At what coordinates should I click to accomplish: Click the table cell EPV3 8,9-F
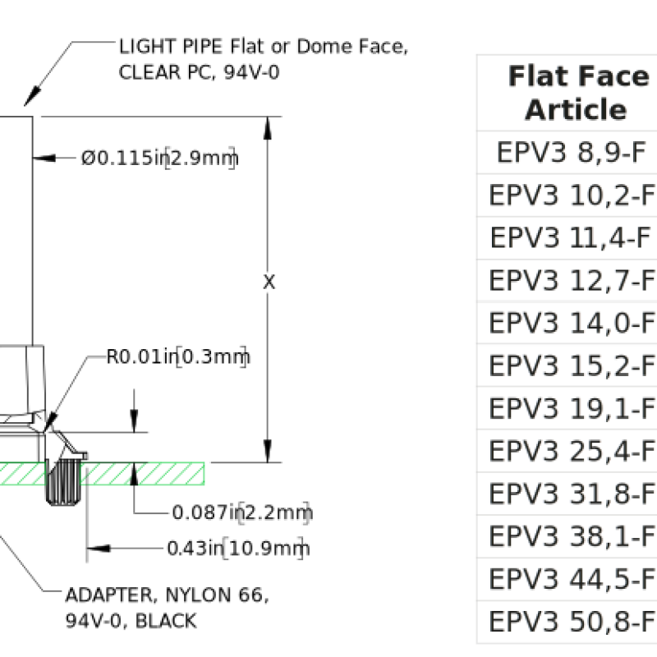tap(571, 152)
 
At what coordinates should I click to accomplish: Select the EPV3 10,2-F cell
tap(572, 195)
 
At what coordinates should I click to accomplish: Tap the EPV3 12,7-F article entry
tap(572, 280)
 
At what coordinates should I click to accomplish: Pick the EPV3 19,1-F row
tap(572, 408)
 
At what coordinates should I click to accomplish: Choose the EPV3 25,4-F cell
tap(572, 451)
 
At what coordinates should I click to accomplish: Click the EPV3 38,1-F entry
tap(572, 536)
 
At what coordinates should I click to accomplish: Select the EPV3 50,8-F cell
tap(572, 622)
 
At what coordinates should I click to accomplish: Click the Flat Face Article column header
tap(577, 93)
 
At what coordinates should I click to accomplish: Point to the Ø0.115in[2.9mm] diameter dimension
tap(159, 158)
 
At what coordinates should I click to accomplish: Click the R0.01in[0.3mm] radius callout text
tap(178, 356)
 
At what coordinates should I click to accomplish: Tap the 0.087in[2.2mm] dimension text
tap(242, 512)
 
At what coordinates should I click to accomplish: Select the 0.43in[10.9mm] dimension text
tap(238, 548)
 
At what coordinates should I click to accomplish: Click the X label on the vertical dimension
tap(269, 282)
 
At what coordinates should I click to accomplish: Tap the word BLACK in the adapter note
tap(167, 621)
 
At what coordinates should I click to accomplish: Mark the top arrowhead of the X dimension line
tap(268, 128)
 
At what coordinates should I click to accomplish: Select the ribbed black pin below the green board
tap(63, 482)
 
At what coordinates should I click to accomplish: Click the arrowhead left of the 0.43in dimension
tap(99, 548)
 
